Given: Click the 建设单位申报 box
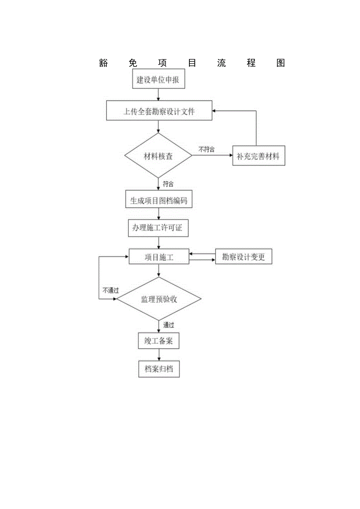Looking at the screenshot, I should pos(158,80).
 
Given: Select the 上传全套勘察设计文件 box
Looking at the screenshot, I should pos(159,111).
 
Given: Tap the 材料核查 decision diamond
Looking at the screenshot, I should pos(158,156).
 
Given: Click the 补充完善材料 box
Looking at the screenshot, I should pos(258,156).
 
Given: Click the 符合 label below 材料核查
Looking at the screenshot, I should pos(168,184).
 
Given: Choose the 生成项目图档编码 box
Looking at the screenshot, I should pos(158,201).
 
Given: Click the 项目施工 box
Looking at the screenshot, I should pos(159,257).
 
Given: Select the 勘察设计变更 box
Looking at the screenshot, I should pos(243,257).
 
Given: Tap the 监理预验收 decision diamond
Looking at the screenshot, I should pos(159,299).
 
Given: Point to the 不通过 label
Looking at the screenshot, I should pos(111,291).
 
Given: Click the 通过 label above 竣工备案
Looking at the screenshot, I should pos(169,325).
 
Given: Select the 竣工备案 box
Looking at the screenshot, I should pos(159,341).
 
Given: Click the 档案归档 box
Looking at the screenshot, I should pos(159,369).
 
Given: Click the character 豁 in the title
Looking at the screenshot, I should pos(104,63).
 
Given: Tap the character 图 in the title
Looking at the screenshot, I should pos(280,63).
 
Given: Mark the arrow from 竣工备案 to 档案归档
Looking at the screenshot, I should pos(159,355).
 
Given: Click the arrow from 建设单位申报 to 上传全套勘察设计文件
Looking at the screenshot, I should pos(158,95).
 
